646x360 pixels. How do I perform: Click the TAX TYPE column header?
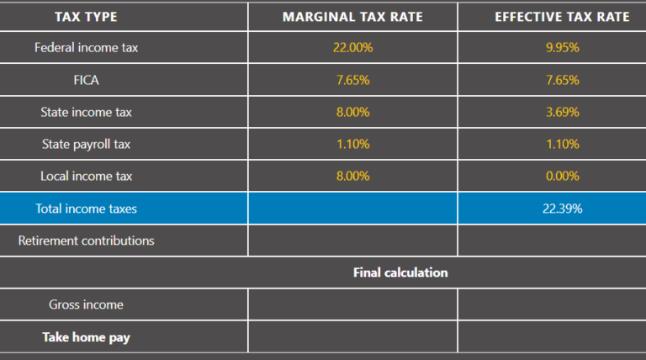[86, 17]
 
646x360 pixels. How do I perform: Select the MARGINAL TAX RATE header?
[352, 17]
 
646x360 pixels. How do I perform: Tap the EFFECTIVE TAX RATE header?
[562, 17]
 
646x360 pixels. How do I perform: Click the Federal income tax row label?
[86, 48]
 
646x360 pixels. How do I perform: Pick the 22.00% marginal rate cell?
[352, 48]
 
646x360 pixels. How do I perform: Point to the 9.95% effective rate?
[562, 48]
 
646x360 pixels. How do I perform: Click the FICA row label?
[86, 80]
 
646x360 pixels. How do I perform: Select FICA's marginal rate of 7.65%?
[352, 80]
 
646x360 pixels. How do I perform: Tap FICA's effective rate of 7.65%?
[562, 80]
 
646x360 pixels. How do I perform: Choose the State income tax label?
[86, 112]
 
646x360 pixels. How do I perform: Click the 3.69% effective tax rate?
[562, 112]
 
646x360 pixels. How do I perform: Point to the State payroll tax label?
[86, 144]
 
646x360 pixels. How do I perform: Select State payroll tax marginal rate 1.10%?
[352, 144]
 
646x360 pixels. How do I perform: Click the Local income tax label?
[86, 176]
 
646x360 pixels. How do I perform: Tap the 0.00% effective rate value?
[562, 176]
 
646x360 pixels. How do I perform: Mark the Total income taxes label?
[86, 209]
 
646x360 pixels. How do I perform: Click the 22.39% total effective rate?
[562, 209]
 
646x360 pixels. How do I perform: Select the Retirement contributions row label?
[86, 241]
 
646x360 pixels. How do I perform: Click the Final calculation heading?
[400, 273]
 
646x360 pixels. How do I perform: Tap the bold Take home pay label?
[86, 337]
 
